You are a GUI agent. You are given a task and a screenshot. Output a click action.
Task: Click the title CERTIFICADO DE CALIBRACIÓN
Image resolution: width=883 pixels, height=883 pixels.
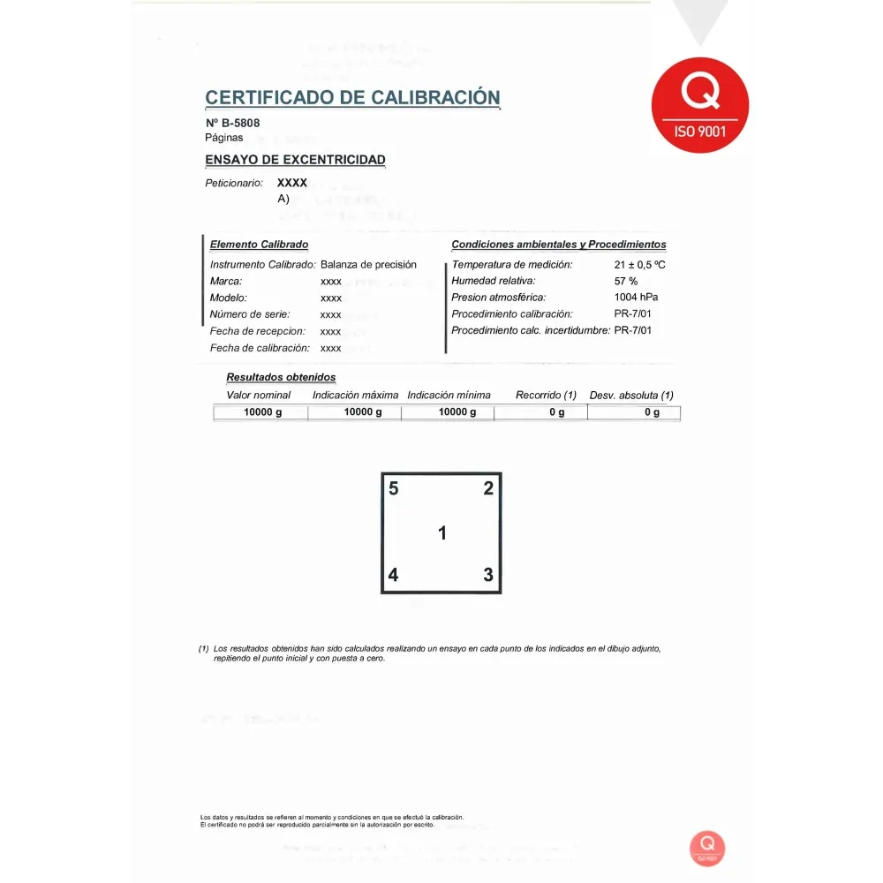click(352, 98)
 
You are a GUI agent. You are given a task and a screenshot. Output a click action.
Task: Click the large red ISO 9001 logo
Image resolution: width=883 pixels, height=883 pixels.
click(699, 105)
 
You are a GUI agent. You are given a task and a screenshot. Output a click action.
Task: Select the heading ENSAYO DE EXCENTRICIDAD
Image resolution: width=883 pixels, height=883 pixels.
click(295, 160)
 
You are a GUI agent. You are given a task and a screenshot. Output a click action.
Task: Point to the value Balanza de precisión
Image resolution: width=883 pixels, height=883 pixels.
click(368, 265)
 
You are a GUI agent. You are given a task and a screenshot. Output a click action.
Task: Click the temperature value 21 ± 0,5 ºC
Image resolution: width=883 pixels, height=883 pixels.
click(639, 265)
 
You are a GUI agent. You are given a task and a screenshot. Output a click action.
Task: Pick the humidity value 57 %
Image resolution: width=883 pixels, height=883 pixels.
click(626, 281)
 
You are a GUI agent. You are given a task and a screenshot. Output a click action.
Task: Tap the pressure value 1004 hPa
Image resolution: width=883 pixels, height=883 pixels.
click(636, 298)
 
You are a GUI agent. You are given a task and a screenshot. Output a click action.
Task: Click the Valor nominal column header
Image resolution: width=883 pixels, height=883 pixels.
click(259, 396)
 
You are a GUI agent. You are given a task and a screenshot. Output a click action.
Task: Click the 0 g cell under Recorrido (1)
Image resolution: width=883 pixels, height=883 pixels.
click(556, 412)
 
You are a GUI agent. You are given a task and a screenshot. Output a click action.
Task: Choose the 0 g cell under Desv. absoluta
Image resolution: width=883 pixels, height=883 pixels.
click(652, 412)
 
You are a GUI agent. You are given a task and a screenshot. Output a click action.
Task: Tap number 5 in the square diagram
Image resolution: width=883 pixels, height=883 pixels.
click(394, 488)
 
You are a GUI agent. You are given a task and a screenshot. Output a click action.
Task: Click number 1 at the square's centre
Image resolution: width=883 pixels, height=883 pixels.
click(442, 533)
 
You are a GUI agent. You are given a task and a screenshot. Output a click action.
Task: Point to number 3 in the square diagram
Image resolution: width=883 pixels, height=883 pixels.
click(488, 575)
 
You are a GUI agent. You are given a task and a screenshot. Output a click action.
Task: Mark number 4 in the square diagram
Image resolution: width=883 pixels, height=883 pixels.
click(394, 576)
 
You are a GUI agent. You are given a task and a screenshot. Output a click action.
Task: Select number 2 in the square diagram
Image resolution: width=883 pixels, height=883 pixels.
click(488, 488)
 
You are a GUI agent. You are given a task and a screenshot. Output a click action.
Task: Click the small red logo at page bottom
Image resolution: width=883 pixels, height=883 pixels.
click(707, 847)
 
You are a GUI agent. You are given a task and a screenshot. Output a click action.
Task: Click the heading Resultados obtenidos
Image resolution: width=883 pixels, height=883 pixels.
click(281, 378)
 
